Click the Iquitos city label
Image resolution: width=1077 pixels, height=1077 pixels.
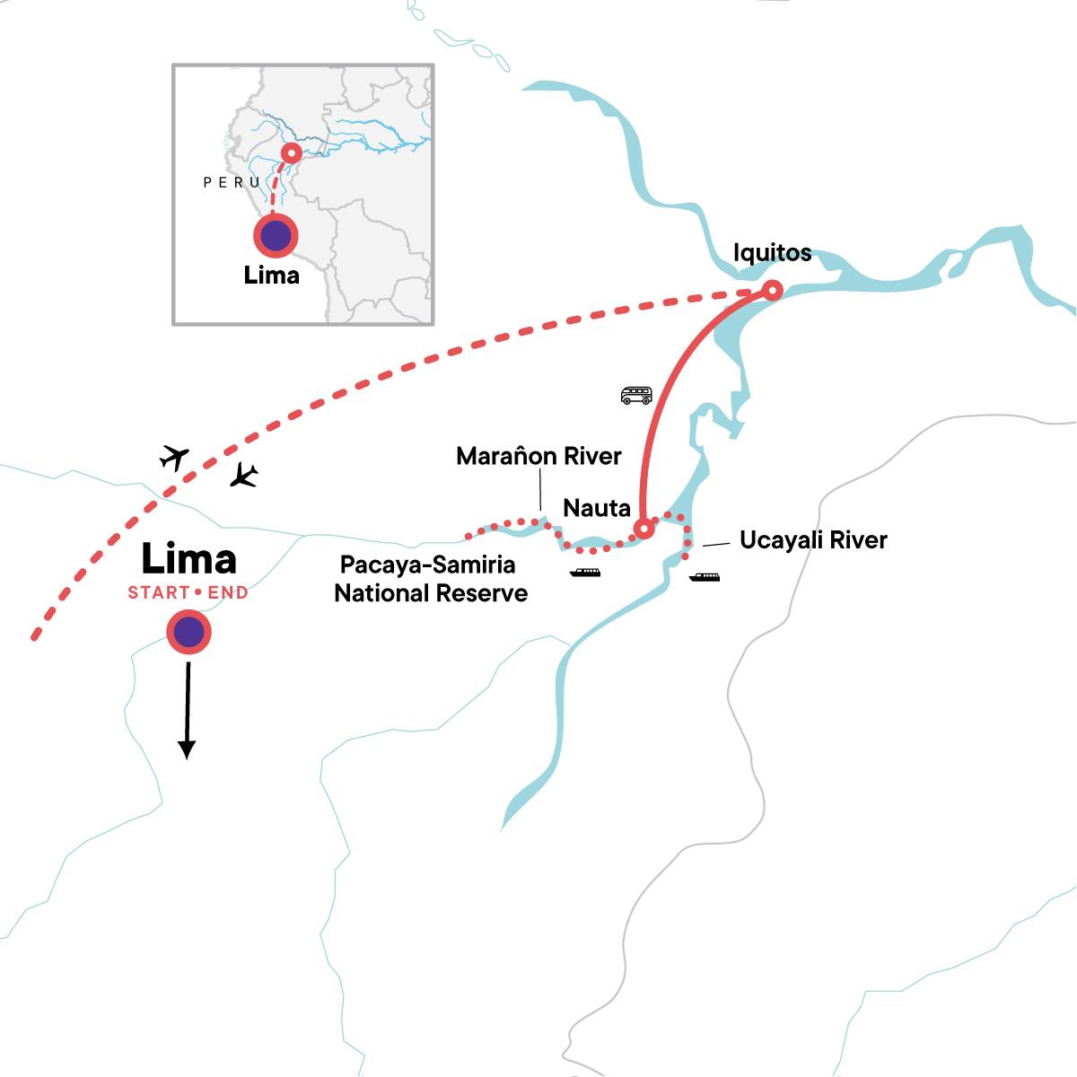772,253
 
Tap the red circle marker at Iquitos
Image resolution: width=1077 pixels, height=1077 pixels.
771,290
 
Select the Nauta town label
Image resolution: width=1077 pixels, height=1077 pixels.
597,508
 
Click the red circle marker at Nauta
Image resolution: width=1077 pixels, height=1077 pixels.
644,529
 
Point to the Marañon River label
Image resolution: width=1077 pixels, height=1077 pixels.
538,456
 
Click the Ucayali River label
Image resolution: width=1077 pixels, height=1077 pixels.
813,540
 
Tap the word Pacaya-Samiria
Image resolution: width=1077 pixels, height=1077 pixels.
428,565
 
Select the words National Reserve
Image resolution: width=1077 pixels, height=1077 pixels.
431,593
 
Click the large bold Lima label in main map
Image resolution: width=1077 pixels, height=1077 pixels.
189,560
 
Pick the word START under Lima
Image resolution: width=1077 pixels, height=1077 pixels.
159,592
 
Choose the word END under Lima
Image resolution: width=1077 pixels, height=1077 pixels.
228,592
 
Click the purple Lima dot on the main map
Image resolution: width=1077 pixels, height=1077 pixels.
188,633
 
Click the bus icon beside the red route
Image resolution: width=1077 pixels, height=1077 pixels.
636,395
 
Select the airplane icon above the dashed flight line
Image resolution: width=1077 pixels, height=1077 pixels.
174,458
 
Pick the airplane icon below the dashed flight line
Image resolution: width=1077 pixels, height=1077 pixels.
243,476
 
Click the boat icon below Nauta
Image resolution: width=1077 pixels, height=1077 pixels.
585,573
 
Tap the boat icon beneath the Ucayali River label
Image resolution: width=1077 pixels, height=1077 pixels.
705,577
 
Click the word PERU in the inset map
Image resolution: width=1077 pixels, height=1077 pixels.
232,182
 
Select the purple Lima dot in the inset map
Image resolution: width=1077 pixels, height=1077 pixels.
276,236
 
